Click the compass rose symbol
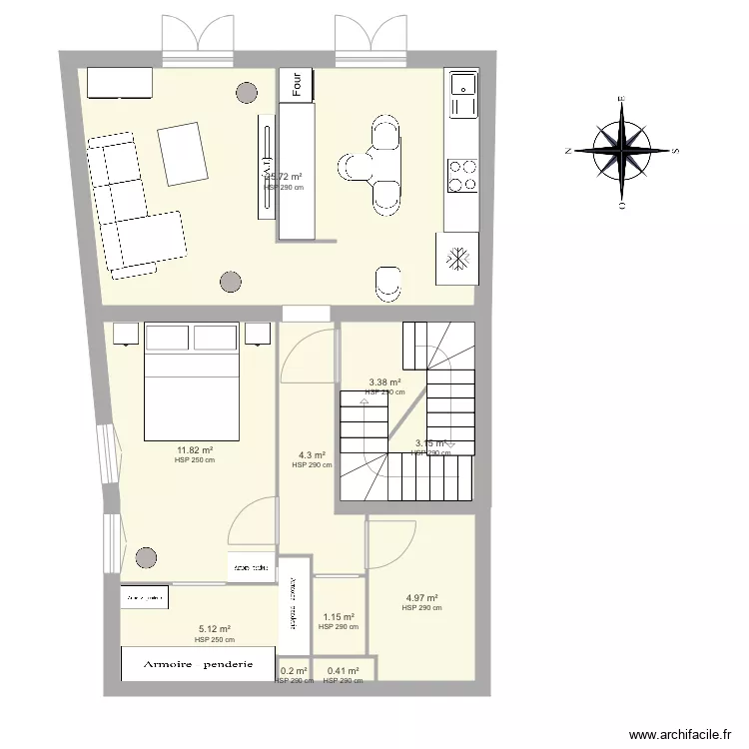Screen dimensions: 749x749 pyautogui.click(x=621, y=151)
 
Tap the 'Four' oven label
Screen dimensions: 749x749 pyautogui.click(x=297, y=84)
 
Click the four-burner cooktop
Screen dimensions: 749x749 pyautogui.click(x=461, y=176)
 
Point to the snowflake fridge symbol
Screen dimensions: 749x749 pyautogui.click(x=456, y=259)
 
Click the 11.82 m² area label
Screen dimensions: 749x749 pyautogui.click(x=194, y=450)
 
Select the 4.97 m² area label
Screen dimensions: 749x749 pyautogui.click(x=421, y=598)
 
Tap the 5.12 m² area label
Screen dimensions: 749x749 pyautogui.click(x=215, y=630)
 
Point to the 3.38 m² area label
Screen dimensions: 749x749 pyautogui.click(x=384, y=382)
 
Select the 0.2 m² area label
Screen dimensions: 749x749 pyautogui.click(x=294, y=672)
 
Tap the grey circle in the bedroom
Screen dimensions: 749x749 pyautogui.click(x=147, y=557)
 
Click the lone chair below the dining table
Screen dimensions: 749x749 pyautogui.click(x=388, y=284)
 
